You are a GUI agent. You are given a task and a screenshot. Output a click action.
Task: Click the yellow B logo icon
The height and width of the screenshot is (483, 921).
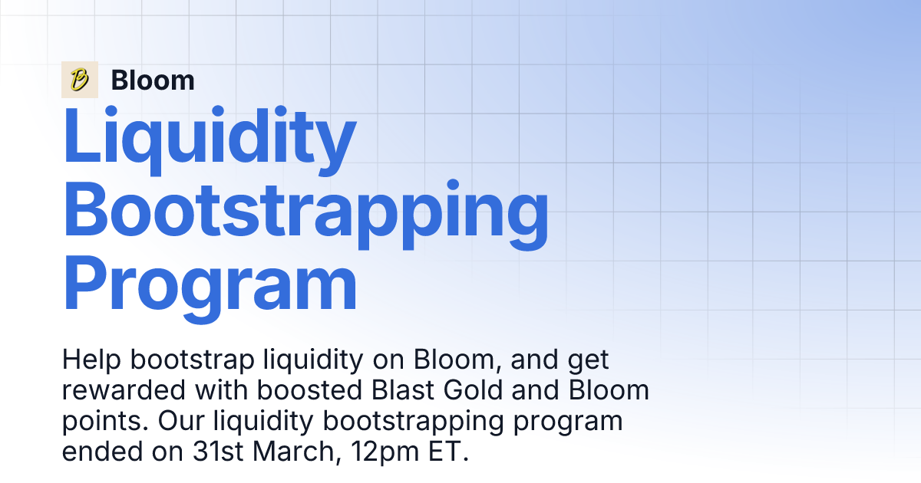click(x=79, y=80)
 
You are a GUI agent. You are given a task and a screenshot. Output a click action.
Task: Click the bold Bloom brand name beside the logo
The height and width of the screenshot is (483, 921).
click(x=152, y=80)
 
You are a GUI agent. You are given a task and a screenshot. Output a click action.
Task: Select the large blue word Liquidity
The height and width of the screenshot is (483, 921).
click(x=209, y=140)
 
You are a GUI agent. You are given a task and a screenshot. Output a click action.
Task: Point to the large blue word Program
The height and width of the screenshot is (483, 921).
click(x=210, y=285)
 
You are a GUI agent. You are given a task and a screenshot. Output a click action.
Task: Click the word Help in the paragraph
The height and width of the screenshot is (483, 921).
click(x=90, y=360)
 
